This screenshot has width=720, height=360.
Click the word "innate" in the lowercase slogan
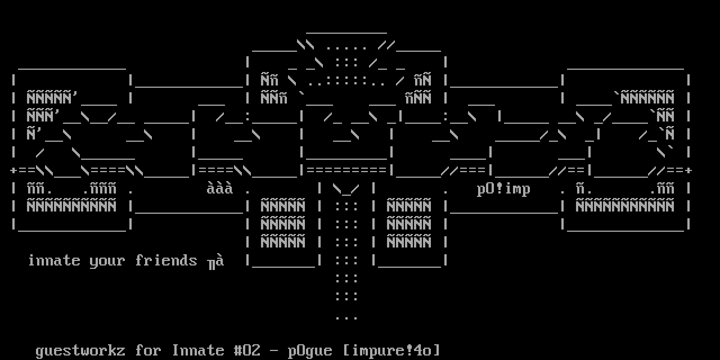(x=54, y=260)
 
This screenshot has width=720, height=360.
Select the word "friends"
(x=166, y=260)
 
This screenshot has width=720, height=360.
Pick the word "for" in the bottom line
(x=148, y=350)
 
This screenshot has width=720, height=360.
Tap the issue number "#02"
(x=247, y=350)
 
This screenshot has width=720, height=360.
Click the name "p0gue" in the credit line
(x=310, y=351)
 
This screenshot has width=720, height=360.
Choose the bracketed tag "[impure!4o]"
(x=391, y=350)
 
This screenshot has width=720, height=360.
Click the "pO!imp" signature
(x=503, y=189)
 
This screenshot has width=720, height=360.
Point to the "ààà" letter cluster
(x=220, y=188)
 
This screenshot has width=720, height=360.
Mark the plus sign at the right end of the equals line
(x=688, y=170)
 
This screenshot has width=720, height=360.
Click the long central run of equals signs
(x=346, y=170)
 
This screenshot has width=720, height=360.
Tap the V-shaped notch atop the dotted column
(x=346, y=189)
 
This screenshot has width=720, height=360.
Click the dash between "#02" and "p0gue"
(x=274, y=351)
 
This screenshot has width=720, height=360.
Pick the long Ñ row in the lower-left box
(x=71, y=206)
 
